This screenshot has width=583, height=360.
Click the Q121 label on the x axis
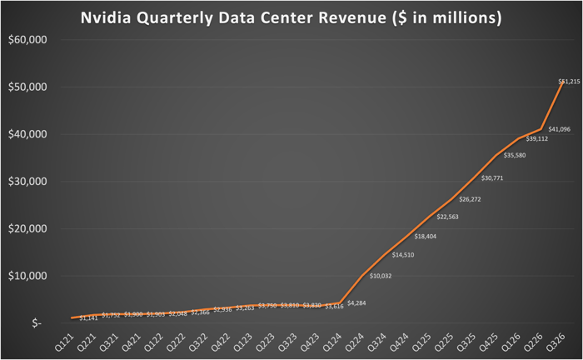[63, 342]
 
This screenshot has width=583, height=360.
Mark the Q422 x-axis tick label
[221, 342]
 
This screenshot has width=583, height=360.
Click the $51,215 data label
[569, 81]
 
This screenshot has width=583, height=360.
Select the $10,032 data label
[381, 275]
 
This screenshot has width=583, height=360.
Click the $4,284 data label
[356, 302]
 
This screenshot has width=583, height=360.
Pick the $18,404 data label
[426, 237]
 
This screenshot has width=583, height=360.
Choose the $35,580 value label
[515, 155]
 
